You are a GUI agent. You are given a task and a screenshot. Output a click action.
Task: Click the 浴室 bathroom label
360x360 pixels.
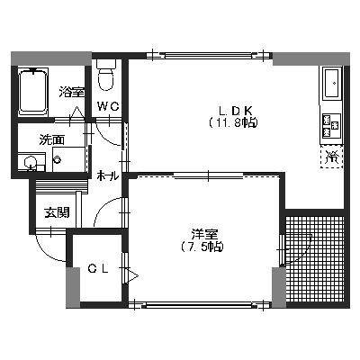tap(71, 92)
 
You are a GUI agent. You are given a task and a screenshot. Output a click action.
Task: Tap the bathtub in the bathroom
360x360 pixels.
tap(33, 92)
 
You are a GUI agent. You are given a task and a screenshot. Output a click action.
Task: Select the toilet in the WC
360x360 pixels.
tap(106, 75)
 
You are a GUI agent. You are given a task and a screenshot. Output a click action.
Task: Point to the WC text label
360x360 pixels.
tap(109, 106)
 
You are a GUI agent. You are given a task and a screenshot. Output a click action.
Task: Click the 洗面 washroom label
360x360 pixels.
tap(52, 139)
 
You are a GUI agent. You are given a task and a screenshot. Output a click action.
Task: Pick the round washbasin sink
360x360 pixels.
tap(30, 163)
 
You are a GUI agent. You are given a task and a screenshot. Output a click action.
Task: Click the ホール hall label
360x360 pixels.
tap(108, 175)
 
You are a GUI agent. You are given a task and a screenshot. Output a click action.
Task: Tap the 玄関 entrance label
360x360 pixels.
tap(57, 212)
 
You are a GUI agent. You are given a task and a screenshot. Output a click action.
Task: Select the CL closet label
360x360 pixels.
tap(98, 269)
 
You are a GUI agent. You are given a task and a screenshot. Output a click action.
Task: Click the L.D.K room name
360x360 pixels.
tap(235, 111)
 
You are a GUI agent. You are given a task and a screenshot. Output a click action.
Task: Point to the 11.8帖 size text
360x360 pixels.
tap(233, 122)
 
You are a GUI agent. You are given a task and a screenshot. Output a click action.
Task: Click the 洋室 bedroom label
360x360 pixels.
tap(205, 234)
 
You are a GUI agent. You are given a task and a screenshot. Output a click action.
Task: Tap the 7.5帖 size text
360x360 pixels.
tap(202, 247)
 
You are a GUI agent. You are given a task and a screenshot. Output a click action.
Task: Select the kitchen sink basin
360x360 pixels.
tap(332, 83)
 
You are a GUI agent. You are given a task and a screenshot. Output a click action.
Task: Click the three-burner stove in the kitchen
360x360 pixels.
tap(331, 125)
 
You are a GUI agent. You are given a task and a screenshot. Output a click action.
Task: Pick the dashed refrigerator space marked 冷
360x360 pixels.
tap(332, 157)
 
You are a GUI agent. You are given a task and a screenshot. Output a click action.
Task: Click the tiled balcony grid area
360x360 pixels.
tap(315, 259)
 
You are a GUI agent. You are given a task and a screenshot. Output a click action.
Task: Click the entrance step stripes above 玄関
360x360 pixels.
tap(61, 186)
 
